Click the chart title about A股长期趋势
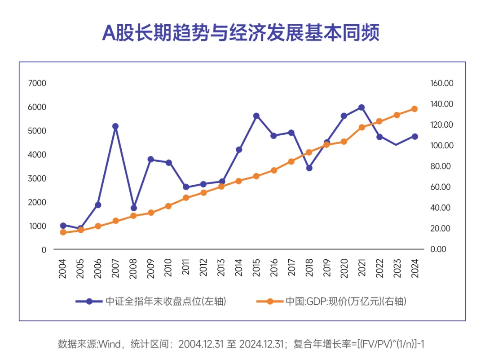[241, 33]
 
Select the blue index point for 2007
[115, 126]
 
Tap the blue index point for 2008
[133, 208]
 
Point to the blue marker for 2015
[256, 116]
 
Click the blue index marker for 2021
[362, 107]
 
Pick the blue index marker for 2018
[309, 168]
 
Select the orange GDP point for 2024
[414, 109]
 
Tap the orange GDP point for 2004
[63, 232]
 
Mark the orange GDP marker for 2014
[239, 181]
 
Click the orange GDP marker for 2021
[362, 127]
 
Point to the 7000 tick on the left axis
[37, 83]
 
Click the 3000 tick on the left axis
[37, 178]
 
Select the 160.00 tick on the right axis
[442, 83]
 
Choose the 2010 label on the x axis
[168, 268]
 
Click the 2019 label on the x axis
[327, 268]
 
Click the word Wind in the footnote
[110, 345]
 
